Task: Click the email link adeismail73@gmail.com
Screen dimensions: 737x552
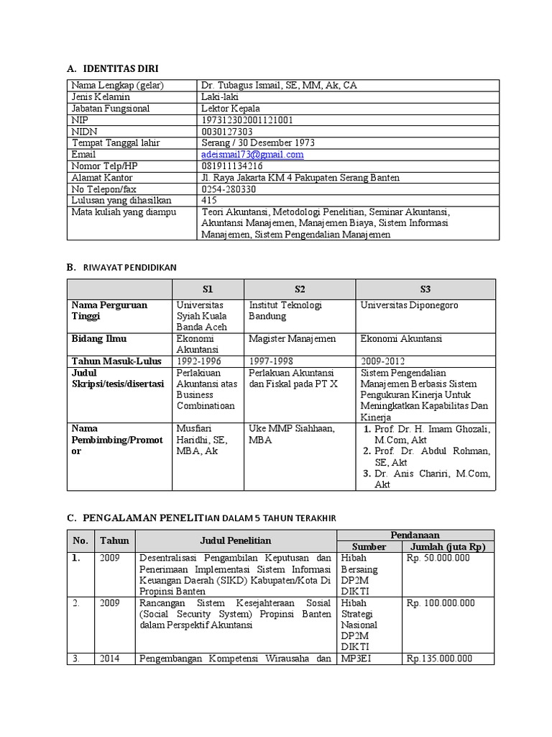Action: (x=252, y=155)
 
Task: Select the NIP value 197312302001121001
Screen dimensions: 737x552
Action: (x=247, y=120)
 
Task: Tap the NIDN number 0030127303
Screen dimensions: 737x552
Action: (x=227, y=132)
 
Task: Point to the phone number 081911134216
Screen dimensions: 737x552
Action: (x=232, y=166)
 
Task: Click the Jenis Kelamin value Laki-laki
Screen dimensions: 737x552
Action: (x=221, y=97)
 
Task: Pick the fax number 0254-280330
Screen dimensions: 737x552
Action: (x=229, y=189)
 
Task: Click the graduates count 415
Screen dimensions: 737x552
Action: (x=209, y=201)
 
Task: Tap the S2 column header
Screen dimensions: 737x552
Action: (x=300, y=289)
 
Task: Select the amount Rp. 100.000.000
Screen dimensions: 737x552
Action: (x=441, y=603)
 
